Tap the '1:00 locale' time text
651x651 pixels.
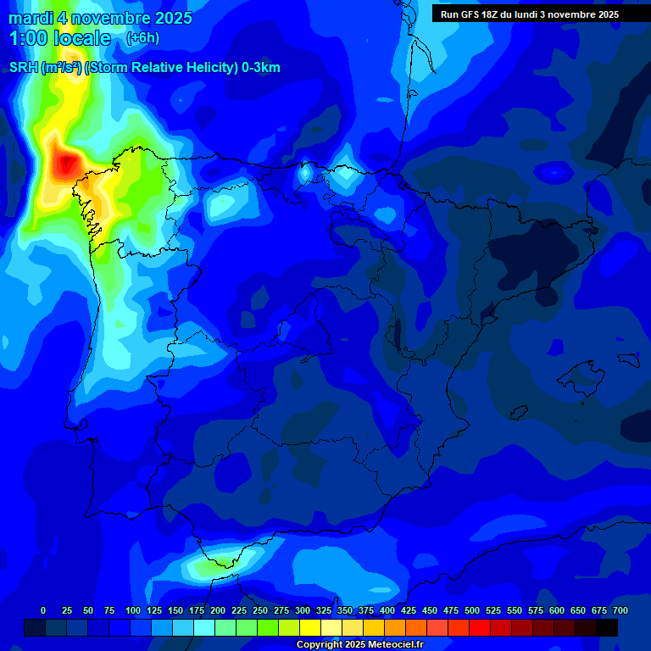coord(59,38)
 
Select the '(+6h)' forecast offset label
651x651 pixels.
coord(142,38)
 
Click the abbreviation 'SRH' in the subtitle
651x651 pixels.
coord(24,68)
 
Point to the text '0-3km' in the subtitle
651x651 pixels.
coord(262,68)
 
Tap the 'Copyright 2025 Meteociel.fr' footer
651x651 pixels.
coord(359,645)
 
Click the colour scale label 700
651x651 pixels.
coord(620,610)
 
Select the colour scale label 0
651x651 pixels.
coord(43,610)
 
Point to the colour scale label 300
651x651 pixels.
coord(303,610)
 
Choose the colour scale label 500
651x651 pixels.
coord(472,610)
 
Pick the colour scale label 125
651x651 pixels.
coord(154,610)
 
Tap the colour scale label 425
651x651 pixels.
coord(409,610)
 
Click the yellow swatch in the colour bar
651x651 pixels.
coord(310,627)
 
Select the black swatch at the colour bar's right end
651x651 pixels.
coord(607,627)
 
